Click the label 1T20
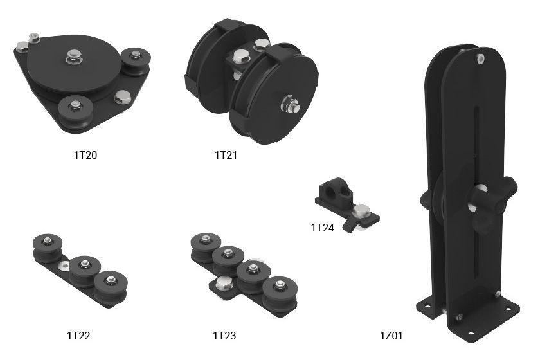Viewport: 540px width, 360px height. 85,155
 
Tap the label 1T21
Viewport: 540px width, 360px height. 226,155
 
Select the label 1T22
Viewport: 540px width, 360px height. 78,336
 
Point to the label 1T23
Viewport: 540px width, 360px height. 224,336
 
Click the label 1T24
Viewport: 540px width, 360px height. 322,228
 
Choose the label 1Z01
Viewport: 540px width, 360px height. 392,336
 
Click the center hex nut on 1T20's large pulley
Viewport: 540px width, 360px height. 73,56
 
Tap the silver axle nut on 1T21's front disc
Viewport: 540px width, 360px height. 291,104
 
